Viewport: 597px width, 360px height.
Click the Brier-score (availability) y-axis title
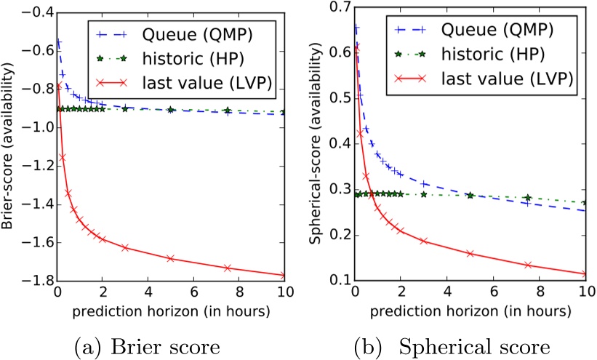(9, 145)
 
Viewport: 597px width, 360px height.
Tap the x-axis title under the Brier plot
(172, 310)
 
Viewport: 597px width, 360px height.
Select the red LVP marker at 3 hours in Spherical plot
(424, 241)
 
